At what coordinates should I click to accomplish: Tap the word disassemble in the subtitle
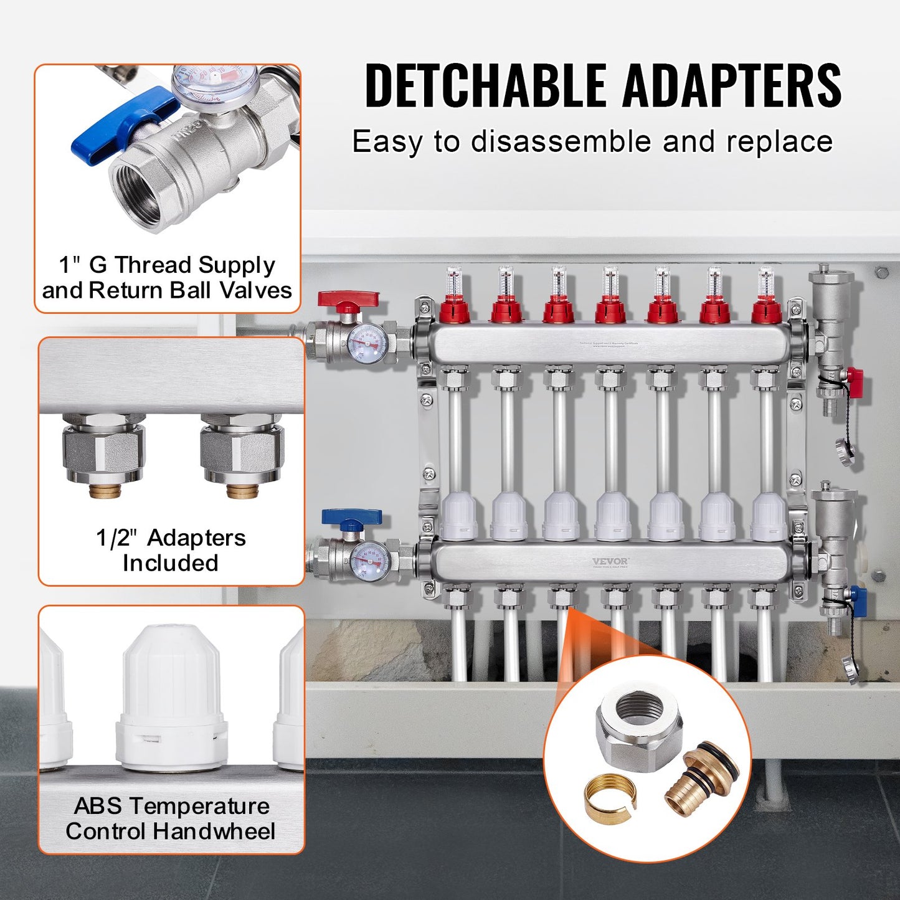[560, 142]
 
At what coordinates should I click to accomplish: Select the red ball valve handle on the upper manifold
[348, 300]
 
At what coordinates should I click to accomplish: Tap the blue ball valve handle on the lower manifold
[351, 518]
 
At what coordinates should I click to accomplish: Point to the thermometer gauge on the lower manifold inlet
[369, 561]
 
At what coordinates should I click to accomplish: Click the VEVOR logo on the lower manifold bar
[610, 562]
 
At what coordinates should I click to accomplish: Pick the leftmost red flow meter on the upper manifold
[455, 308]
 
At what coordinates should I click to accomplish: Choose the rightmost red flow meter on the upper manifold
[766, 308]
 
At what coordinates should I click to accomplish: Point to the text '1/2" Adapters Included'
[171, 550]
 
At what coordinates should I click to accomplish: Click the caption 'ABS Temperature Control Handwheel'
[171, 818]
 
